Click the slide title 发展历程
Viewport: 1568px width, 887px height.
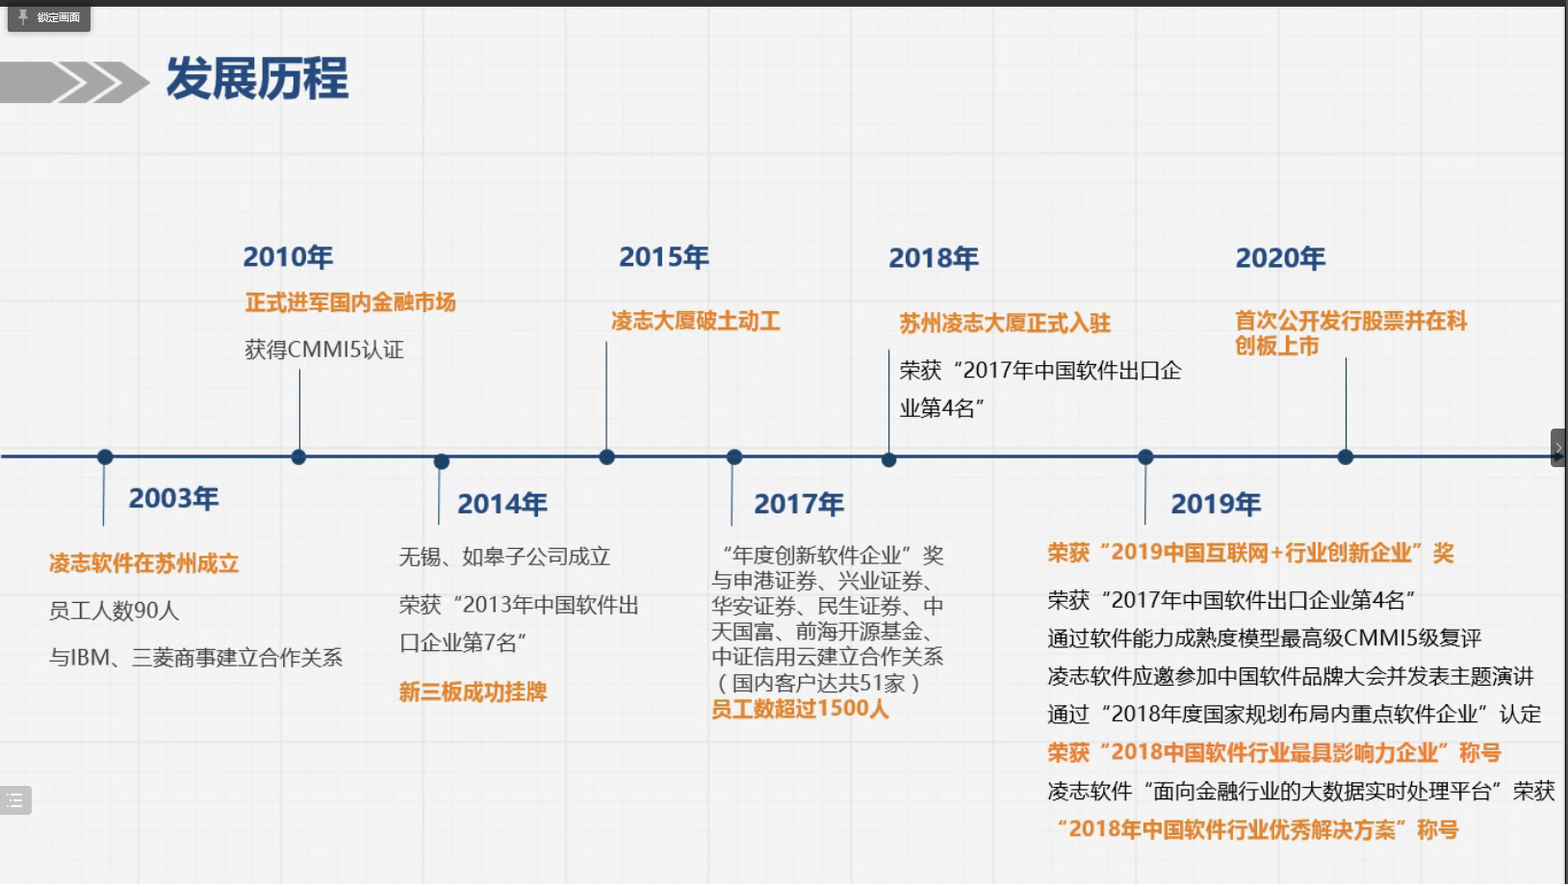tap(257, 78)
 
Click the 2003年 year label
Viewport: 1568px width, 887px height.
tap(173, 498)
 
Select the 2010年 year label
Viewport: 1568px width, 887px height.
tap(288, 257)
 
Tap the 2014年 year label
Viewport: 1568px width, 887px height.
tap(501, 504)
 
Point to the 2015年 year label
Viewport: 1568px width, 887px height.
tap(663, 257)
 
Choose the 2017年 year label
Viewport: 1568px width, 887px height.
tap(799, 504)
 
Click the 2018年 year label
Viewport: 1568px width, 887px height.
tap(933, 258)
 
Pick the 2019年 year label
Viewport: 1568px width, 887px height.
tap(1216, 504)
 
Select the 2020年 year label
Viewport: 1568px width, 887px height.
tap(1279, 258)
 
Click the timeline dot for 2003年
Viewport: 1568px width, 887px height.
tap(105, 457)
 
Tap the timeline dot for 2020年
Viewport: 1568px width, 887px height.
tap(1346, 457)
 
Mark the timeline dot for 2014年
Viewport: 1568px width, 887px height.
tap(441, 461)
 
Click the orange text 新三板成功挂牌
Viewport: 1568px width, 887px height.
tap(473, 692)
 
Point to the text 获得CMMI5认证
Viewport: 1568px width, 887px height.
tap(324, 350)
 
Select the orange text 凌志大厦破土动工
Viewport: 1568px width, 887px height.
tap(695, 321)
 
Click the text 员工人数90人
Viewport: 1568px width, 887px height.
tap(115, 611)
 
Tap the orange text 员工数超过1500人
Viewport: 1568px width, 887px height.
tap(799, 709)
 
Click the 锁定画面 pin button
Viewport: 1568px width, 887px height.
tap(49, 17)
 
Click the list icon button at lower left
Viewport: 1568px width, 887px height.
tap(15, 800)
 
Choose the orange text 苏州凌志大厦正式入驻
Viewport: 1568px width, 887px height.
tap(1005, 323)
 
